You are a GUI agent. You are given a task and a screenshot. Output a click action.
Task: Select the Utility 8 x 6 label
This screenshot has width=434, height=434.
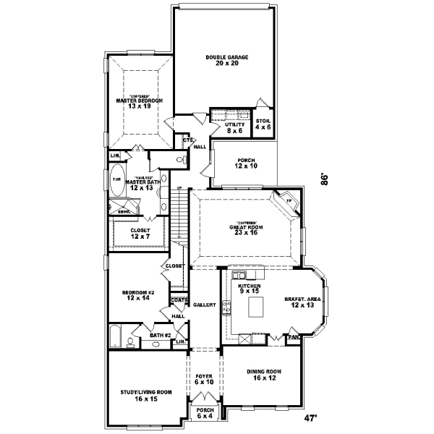(234, 128)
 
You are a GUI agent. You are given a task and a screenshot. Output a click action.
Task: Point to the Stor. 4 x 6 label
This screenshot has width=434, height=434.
(263, 124)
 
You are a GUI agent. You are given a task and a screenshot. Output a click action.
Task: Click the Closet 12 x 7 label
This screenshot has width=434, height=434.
(140, 234)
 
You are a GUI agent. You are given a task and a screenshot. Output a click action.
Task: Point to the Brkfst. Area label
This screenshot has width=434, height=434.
(302, 300)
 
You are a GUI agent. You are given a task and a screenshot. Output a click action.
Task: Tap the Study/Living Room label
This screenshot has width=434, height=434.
(146, 395)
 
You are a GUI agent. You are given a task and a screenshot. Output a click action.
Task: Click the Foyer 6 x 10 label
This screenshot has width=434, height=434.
(205, 379)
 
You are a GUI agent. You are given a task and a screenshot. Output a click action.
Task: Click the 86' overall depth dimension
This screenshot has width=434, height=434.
(327, 178)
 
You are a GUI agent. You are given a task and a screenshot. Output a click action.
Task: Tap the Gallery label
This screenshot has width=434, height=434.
(205, 305)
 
